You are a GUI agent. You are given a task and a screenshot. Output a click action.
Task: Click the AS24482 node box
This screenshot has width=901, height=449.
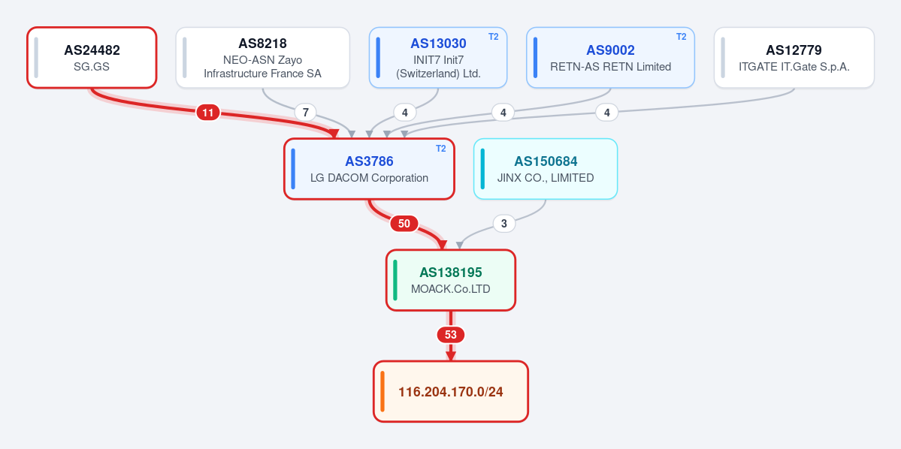92,57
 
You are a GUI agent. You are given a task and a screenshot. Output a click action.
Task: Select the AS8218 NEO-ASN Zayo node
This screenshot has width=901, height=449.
262,57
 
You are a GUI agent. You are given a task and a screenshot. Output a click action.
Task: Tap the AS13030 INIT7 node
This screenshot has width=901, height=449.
438,57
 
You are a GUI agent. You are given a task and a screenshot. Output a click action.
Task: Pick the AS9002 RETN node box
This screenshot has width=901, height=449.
610,57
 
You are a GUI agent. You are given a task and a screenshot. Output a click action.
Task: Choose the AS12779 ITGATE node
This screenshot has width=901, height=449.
794,57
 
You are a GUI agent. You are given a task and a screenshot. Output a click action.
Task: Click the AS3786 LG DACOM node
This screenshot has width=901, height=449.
369,169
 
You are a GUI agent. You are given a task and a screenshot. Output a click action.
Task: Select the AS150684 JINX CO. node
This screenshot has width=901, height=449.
546,169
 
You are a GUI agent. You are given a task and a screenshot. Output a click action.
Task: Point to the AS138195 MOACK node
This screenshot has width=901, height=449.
451,280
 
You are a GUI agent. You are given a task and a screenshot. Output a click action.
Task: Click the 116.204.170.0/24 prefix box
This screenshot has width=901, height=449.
451,392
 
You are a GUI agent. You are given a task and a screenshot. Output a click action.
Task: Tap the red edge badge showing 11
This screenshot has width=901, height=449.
208,113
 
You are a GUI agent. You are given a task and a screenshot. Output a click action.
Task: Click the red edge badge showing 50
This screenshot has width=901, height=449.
404,223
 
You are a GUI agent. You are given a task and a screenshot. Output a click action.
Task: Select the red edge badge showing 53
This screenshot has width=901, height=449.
451,334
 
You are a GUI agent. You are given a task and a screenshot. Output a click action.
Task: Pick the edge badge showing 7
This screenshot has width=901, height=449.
305,112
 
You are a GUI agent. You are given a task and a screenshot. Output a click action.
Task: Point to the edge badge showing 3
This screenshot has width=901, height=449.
504,223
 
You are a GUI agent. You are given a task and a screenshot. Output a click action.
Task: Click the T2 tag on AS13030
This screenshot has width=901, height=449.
494,37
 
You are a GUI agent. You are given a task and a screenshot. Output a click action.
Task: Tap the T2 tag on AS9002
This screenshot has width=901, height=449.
681,37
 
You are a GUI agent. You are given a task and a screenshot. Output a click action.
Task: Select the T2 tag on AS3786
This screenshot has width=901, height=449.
441,148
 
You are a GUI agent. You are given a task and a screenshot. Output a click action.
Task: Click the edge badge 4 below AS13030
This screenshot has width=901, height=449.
404,112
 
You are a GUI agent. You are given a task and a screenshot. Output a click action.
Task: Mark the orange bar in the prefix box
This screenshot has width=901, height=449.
382,392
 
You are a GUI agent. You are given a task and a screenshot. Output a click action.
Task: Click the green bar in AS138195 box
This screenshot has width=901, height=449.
395,280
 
